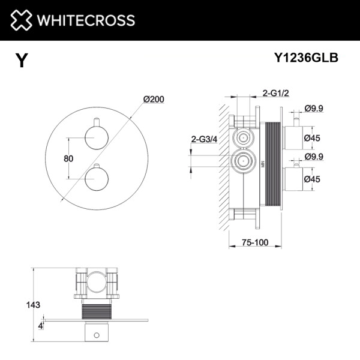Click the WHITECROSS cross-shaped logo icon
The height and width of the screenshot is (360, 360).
click(x=21, y=20)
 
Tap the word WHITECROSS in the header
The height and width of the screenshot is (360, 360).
click(x=85, y=20)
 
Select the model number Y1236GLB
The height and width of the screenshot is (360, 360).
click(x=306, y=58)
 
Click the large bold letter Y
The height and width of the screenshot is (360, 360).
click(x=22, y=61)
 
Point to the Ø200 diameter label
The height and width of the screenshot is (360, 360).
click(x=154, y=100)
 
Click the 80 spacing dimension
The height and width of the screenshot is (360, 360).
click(x=68, y=158)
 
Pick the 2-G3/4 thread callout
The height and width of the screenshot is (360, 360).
click(x=203, y=139)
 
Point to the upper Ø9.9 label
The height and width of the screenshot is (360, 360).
click(x=314, y=108)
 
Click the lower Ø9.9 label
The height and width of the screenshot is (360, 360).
click(x=314, y=158)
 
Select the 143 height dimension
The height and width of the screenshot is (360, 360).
click(x=34, y=305)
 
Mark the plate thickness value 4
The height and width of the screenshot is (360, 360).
click(x=40, y=326)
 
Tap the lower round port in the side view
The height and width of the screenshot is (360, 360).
click(x=243, y=161)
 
